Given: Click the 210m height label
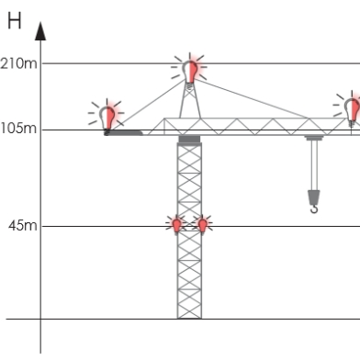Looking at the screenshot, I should tap(20, 63).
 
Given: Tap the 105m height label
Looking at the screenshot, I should tap(19, 129).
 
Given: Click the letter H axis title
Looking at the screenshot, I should tap(15, 21).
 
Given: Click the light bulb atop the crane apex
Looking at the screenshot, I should tap(190, 69).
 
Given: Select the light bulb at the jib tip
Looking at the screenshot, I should tap(352, 107).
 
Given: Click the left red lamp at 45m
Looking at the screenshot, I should tap(177, 224).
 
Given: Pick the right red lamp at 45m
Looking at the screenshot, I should tap(203, 224).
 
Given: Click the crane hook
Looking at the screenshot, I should tap(314, 208).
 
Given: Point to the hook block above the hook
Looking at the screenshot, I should tap(314, 196).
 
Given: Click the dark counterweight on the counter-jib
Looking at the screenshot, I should tap(124, 132).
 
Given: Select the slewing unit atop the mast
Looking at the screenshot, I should tap(189, 140).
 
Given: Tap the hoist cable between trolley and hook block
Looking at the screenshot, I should tap(314, 165).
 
